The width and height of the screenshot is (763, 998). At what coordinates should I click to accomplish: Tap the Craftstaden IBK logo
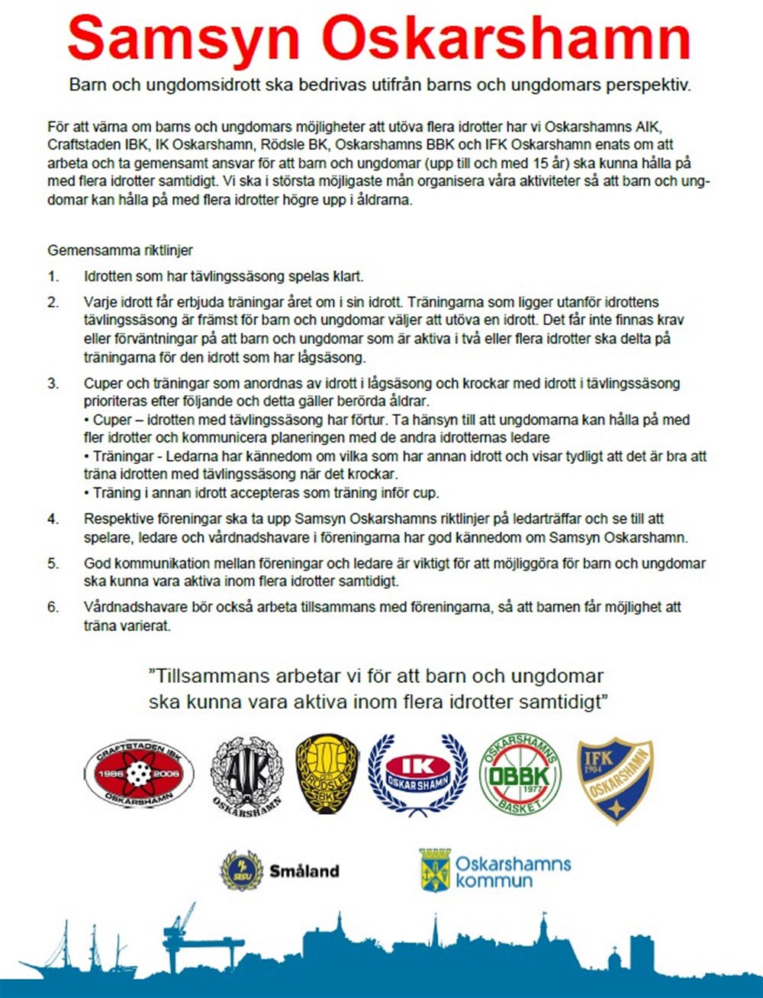pyautogui.click(x=139, y=774)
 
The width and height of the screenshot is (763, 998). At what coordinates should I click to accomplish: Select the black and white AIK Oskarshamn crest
pyautogui.click(x=246, y=774)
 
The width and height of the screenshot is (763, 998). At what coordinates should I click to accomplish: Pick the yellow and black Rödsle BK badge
pyautogui.click(x=327, y=773)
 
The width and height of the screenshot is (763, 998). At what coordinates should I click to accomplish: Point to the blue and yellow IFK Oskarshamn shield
pyautogui.click(x=614, y=779)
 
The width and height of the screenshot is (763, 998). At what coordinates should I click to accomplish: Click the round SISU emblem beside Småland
pyautogui.click(x=241, y=871)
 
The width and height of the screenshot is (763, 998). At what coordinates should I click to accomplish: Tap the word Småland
pyautogui.click(x=304, y=871)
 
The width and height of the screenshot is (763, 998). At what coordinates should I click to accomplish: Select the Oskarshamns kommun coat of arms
pyautogui.click(x=435, y=871)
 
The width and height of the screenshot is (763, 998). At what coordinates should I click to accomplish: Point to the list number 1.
pyautogui.click(x=53, y=276)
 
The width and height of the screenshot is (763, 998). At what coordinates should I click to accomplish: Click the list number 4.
pyautogui.click(x=53, y=519)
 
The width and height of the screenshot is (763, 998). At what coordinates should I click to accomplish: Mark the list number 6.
pyautogui.click(x=53, y=607)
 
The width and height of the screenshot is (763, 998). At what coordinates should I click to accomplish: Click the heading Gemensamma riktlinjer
pyautogui.click(x=121, y=250)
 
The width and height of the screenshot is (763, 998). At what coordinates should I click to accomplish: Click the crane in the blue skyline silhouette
pyautogui.click(x=182, y=927)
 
